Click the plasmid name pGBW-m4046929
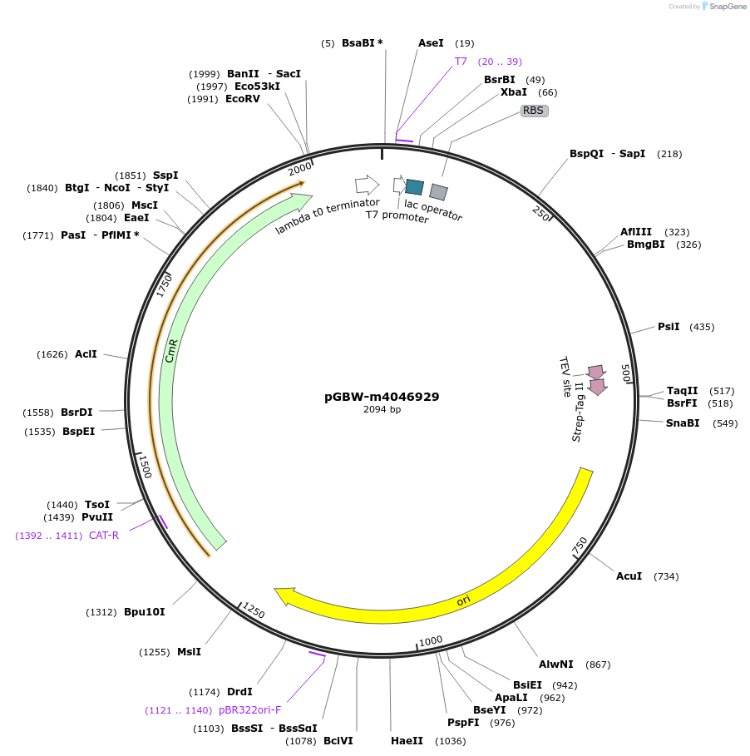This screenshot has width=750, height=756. (x=382, y=397)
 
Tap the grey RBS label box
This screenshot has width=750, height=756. (x=534, y=111)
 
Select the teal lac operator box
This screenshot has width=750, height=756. (x=415, y=187)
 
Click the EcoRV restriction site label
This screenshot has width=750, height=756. (x=243, y=99)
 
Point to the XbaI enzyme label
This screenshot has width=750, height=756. (x=513, y=92)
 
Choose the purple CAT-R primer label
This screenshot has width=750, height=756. (x=104, y=535)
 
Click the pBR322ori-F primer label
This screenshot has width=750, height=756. (x=249, y=709)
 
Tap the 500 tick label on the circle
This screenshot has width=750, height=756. (x=625, y=373)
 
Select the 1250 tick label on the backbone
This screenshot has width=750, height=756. (x=253, y=610)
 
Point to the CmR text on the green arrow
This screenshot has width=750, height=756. (x=171, y=351)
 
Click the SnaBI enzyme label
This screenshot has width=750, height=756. (x=683, y=422)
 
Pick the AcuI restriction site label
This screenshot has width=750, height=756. (x=629, y=576)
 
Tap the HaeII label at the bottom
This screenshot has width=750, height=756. (x=407, y=740)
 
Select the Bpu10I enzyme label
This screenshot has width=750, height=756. (x=145, y=612)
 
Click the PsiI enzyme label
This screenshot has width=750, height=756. (x=669, y=326)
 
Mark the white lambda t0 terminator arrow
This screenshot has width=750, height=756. (x=368, y=185)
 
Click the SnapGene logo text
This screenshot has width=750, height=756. (x=728, y=7)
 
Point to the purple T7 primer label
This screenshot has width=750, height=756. (x=461, y=62)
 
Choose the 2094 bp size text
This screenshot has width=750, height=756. (x=382, y=409)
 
